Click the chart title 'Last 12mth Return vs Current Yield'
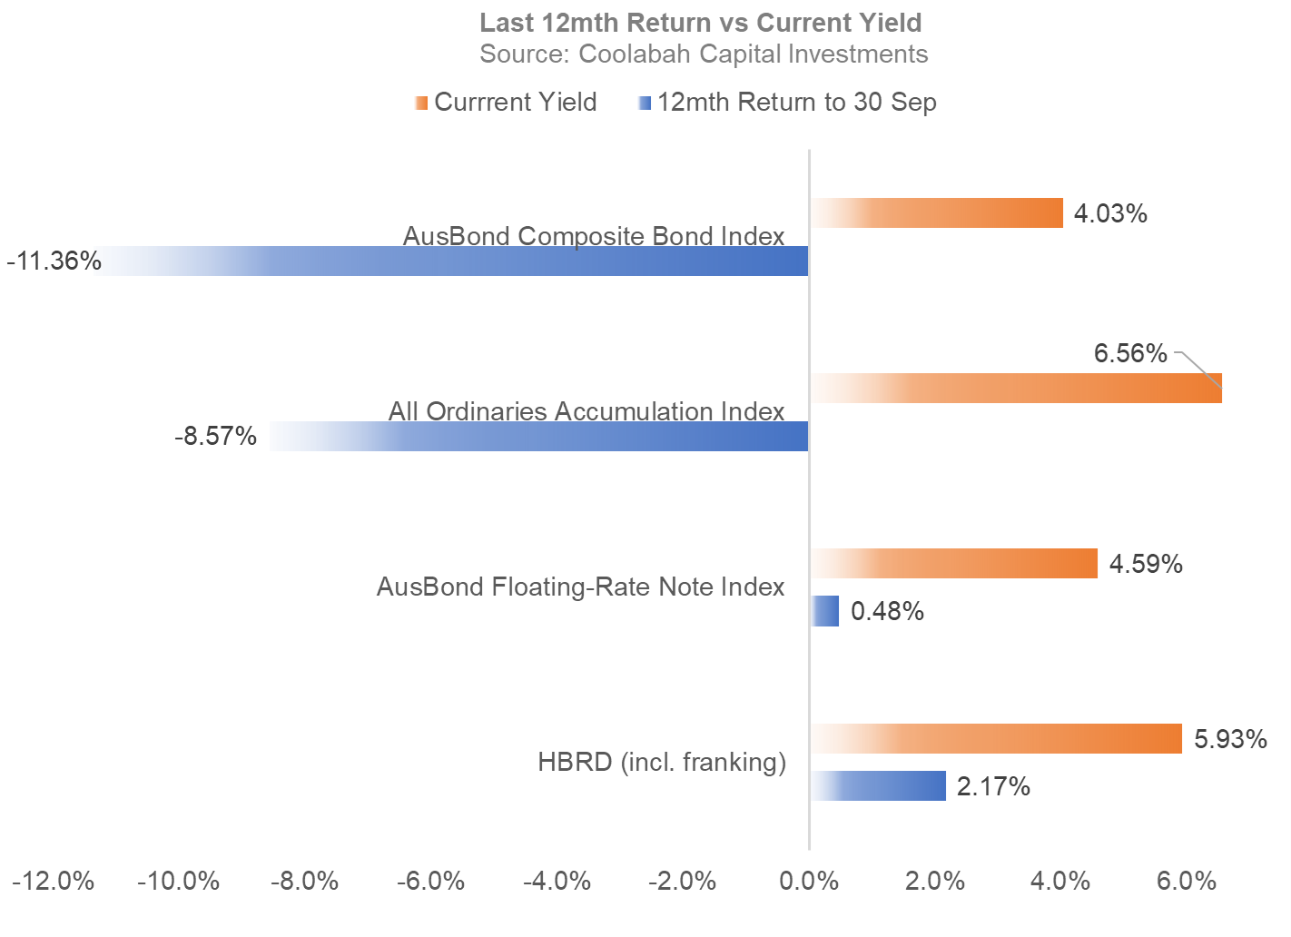coord(700,23)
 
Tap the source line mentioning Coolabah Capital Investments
coord(704,54)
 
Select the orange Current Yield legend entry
coord(507,103)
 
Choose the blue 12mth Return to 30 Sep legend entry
coord(788,103)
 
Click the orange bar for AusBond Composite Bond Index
coord(937,213)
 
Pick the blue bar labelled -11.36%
coord(454,261)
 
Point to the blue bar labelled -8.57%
coord(539,437)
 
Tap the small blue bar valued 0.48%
coord(825,611)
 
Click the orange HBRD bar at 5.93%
coord(997,739)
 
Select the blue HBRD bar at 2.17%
coord(879,786)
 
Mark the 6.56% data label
coord(1130,353)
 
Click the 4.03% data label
coord(1110,214)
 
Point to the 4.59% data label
coord(1146,565)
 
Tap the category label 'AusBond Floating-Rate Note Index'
coord(580,587)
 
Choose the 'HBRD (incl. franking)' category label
coord(662,763)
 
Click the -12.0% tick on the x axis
coord(53,882)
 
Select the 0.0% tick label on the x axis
coord(809,882)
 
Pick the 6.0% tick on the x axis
coord(1186,882)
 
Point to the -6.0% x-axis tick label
coord(430,882)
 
